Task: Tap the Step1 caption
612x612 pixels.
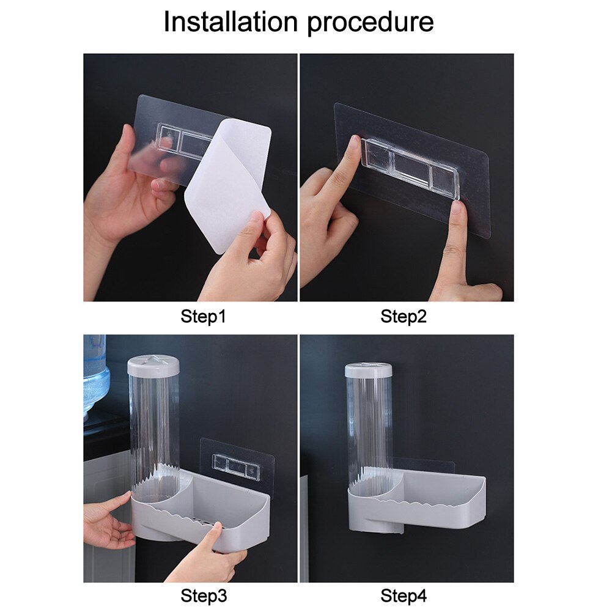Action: (x=203, y=317)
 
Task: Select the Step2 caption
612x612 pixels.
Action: (x=404, y=317)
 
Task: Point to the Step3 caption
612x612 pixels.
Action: (x=203, y=594)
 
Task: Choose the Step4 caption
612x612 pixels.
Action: (x=404, y=594)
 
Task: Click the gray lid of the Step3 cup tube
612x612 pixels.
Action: (x=153, y=366)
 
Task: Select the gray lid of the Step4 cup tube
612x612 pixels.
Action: (x=368, y=370)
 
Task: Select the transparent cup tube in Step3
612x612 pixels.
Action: (x=153, y=428)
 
